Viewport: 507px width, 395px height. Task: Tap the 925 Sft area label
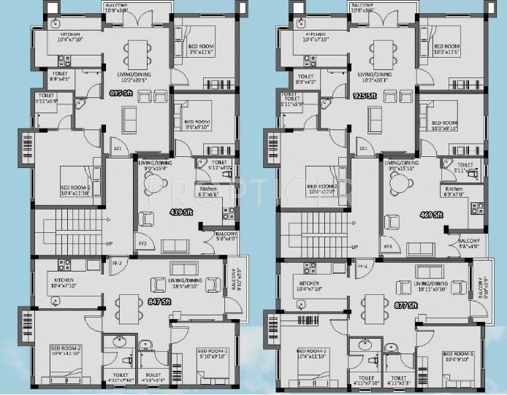365,96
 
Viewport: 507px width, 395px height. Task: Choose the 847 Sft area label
159,301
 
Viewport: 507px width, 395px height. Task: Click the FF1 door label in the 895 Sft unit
116,150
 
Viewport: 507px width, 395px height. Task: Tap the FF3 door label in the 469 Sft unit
388,247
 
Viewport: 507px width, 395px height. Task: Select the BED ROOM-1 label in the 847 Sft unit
213,352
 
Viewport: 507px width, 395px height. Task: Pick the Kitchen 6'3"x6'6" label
212,192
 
